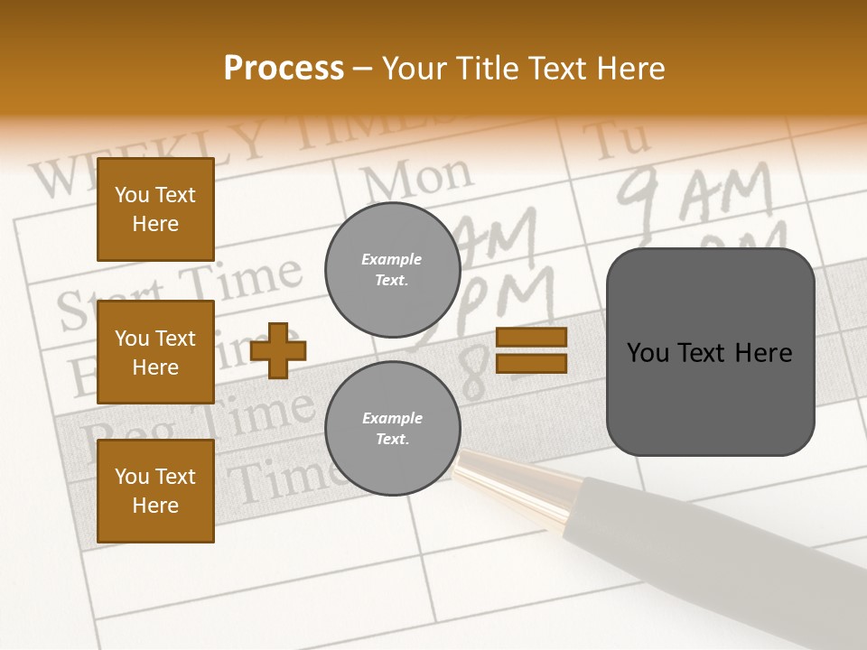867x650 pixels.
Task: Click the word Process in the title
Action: pyautogui.click(x=284, y=69)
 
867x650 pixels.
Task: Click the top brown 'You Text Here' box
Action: pyautogui.click(x=155, y=209)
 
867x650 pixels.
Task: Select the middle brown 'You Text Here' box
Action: pyautogui.click(x=155, y=352)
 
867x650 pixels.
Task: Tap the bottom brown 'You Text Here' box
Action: pyautogui.click(x=155, y=491)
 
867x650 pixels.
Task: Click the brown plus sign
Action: pyautogui.click(x=278, y=350)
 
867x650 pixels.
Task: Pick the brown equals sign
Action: pyautogui.click(x=531, y=350)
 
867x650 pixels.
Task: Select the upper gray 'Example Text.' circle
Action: pyautogui.click(x=392, y=270)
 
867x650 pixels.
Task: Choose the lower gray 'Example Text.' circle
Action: pyautogui.click(x=392, y=429)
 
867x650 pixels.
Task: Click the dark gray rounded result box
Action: pyautogui.click(x=710, y=352)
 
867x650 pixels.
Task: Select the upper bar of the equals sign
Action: pyautogui.click(x=531, y=338)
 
